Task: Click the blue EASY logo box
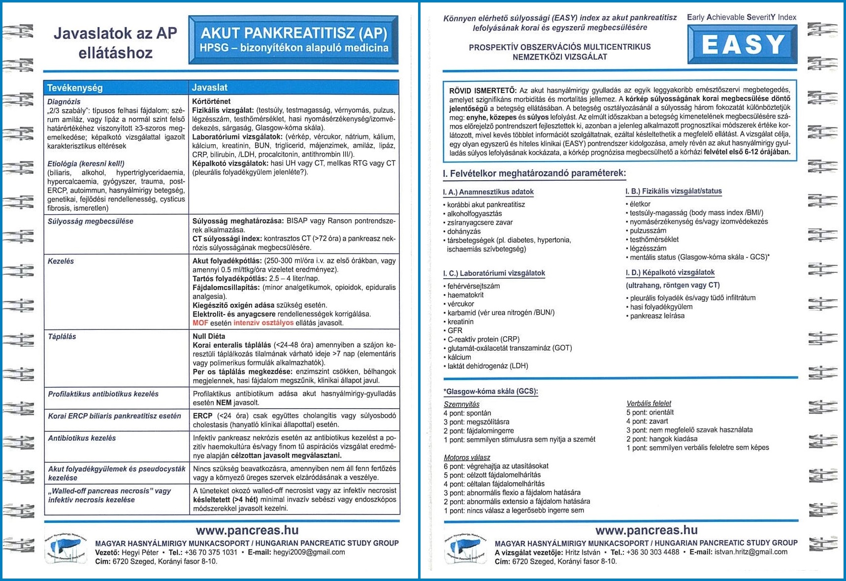(x=742, y=44)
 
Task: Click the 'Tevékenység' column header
(x=75, y=88)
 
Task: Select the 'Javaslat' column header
(x=210, y=88)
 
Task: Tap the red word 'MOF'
(x=200, y=323)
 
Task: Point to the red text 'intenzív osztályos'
(x=263, y=323)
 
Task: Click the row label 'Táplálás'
(x=62, y=337)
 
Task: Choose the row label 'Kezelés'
(x=61, y=261)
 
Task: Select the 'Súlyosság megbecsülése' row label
(x=90, y=222)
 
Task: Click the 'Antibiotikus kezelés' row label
(x=82, y=438)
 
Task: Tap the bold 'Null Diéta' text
(x=209, y=336)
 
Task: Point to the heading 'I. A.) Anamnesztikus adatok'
(x=488, y=192)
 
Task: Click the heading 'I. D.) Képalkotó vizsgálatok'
(x=670, y=272)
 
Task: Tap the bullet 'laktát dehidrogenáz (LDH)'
(x=488, y=366)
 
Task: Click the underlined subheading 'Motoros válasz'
(x=466, y=457)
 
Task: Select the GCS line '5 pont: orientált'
(x=650, y=412)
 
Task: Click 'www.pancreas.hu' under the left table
(x=247, y=530)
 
